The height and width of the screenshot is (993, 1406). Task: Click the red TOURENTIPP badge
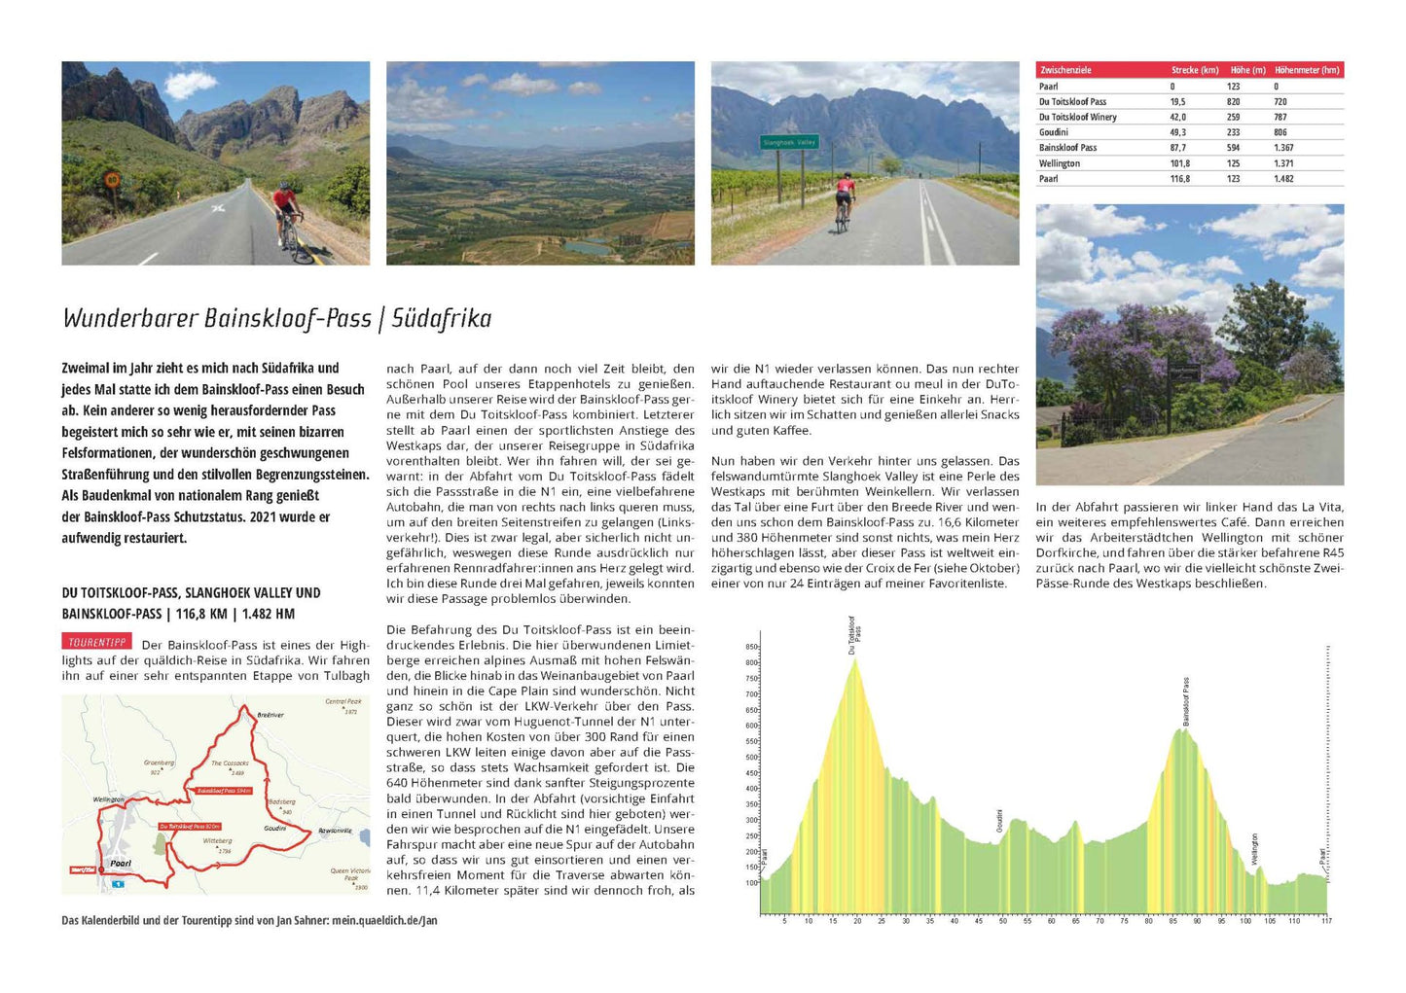(97, 642)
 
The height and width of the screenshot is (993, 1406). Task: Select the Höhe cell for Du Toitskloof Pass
(1233, 101)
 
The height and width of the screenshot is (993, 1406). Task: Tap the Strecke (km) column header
(1195, 70)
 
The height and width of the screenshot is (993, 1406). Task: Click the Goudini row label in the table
(1053, 132)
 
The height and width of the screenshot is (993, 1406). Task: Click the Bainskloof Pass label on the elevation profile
(1186, 701)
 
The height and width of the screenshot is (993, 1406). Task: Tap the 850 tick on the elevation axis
(751, 647)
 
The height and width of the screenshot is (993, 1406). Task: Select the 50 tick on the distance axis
(1002, 920)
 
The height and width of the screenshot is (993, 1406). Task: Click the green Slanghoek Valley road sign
(789, 142)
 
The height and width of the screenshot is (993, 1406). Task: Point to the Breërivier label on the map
(270, 715)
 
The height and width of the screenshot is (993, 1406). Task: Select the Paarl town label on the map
(121, 863)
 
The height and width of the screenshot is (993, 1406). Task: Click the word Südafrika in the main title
(441, 318)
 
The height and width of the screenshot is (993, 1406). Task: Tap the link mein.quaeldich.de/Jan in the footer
(384, 920)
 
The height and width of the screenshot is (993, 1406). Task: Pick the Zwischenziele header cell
(1065, 70)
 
